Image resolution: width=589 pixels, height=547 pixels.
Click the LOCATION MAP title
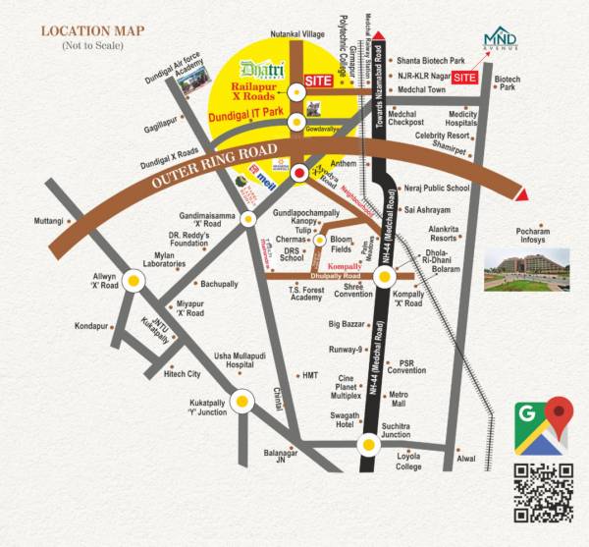tap(93, 30)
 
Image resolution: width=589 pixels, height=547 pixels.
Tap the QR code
tap(543, 493)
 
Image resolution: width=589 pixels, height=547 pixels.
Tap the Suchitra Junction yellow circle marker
tap(368, 446)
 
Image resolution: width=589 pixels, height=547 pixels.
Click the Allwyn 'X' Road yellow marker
tap(134, 280)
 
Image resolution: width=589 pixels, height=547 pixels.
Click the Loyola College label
tap(408, 462)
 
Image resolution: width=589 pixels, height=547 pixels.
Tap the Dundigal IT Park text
tap(255, 118)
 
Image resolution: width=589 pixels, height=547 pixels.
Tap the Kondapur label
tap(90, 326)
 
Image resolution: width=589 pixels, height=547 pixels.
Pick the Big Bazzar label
tap(347, 323)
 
